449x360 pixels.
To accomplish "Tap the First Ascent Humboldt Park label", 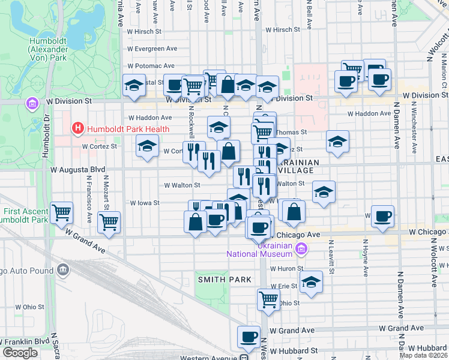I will coord(26,215).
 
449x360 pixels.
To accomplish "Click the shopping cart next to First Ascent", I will coord(61,212).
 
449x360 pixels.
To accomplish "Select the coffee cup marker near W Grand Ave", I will coord(249,337).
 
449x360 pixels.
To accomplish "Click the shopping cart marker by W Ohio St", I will coord(268,299).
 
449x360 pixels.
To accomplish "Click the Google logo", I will coord(20,353).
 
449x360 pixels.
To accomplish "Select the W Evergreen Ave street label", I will coord(152,49).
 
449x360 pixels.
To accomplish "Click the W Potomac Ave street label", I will coord(150,66).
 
